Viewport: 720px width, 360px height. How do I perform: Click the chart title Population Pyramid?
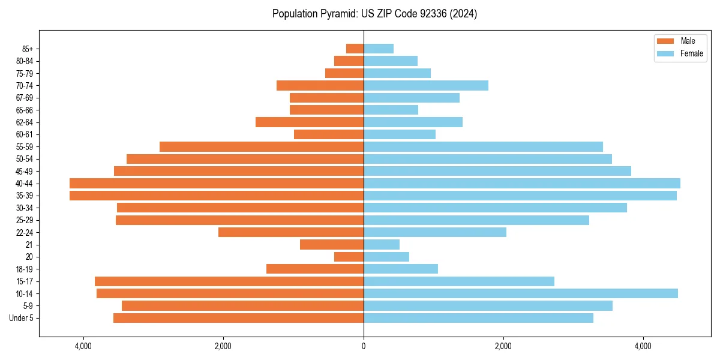click(374, 14)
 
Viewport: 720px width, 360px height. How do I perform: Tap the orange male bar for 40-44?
click(217, 184)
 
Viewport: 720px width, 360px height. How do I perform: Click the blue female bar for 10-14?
click(520, 293)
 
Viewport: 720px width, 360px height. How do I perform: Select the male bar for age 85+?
click(355, 49)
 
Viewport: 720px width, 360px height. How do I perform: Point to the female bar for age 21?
click(382, 245)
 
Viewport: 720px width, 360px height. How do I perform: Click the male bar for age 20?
click(349, 257)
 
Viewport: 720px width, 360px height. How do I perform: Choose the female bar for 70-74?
click(425, 86)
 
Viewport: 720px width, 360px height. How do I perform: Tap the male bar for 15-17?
click(229, 281)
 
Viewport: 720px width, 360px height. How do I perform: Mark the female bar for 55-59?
click(483, 147)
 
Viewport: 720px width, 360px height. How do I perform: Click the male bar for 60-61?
click(329, 134)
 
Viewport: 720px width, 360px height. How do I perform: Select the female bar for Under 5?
click(478, 318)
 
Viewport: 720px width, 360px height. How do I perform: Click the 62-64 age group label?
click(25, 122)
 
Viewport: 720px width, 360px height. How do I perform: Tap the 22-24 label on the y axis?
click(25, 233)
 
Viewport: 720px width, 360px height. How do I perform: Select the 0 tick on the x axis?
click(364, 346)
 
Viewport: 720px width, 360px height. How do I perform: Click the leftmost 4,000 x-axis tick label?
click(83, 346)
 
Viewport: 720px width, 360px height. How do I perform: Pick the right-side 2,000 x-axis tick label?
click(503, 346)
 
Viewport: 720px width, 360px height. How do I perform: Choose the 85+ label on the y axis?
click(28, 49)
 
